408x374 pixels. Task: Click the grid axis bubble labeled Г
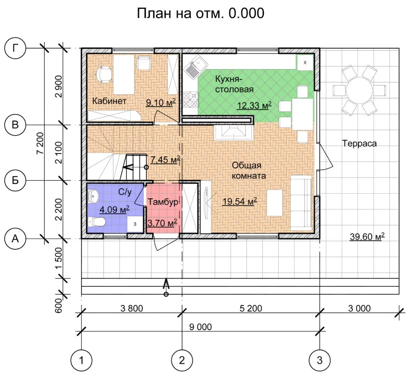pyautogui.click(x=15, y=48)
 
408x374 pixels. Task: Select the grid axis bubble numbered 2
pyautogui.click(x=182, y=360)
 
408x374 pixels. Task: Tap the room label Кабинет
pyautogui.click(x=109, y=101)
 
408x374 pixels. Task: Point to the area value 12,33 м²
pyautogui.click(x=254, y=106)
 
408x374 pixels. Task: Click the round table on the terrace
pyautogui.click(x=359, y=90)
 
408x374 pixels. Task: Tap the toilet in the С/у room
pyautogui.click(x=97, y=222)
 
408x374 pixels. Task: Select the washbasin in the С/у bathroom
pyautogui.click(x=93, y=196)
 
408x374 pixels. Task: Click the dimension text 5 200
pyautogui.click(x=251, y=308)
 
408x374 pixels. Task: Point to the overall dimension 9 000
pyautogui.click(x=200, y=327)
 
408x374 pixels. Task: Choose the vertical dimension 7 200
pyautogui.click(x=40, y=143)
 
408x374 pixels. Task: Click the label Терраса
pyautogui.click(x=359, y=143)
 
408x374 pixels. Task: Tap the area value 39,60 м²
pyautogui.click(x=367, y=237)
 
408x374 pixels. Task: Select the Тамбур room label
pyautogui.click(x=163, y=202)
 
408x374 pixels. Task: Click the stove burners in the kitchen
pyautogui.click(x=190, y=100)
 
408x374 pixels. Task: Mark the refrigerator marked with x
pyautogui.click(x=305, y=63)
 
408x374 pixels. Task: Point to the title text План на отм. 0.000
pyautogui.click(x=201, y=13)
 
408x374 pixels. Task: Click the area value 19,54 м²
pyautogui.click(x=240, y=201)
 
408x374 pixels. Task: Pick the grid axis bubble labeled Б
pyautogui.click(x=15, y=180)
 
